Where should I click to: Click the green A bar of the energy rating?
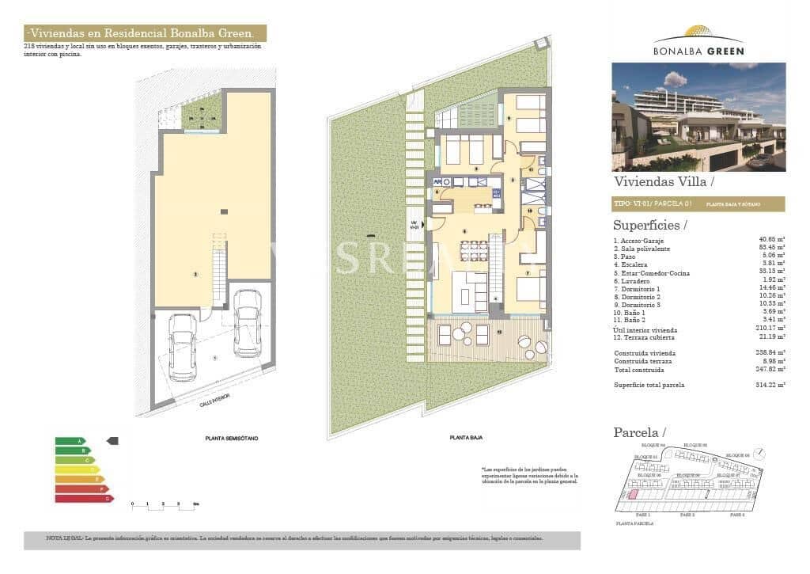(69, 441)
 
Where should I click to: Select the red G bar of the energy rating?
(84, 499)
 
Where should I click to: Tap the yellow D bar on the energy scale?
(77, 469)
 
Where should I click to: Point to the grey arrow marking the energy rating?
(112, 441)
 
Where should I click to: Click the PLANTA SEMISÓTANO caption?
(231, 438)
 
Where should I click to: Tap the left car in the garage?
(183, 347)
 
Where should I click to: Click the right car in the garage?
(248, 322)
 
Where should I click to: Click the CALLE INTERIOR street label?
(215, 403)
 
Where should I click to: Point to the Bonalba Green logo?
(698, 42)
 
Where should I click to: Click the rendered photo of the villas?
(698, 116)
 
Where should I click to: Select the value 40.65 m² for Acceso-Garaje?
(771, 240)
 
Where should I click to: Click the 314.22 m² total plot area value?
(770, 385)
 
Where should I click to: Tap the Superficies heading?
(649, 226)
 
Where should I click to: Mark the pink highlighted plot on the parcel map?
(633, 494)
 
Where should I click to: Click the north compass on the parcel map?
(760, 454)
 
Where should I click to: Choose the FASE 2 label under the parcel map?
(687, 515)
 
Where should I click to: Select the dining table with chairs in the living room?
(474, 250)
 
